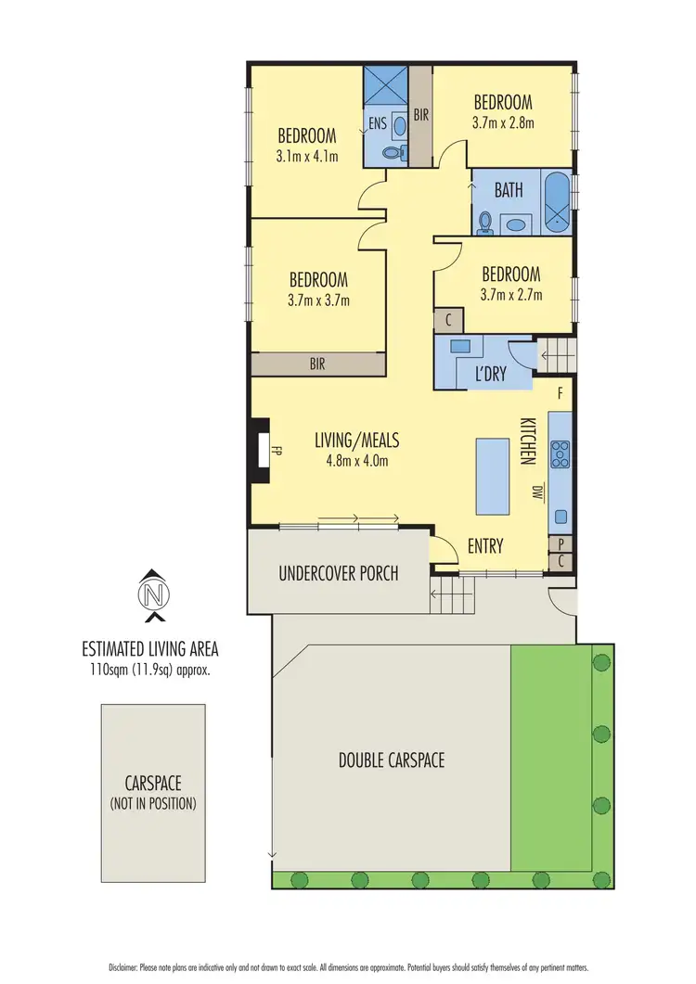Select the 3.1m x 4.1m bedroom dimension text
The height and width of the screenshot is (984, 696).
pyautogui.click(x=306, y=157)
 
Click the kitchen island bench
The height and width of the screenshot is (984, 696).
pyautogui.click(x=494, y=476)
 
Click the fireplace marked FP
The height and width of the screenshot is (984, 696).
pyautogui.click(x=261, y=453)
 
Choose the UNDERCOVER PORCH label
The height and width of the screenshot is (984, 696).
pyautogui.click(x=339, y=573)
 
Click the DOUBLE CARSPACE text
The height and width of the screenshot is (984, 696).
pyautogui.click(x=391, y=760)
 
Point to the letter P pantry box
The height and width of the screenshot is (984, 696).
pyautogui.click(x=561, y=544)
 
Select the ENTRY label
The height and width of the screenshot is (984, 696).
pyautogui.click(x=484, y=546)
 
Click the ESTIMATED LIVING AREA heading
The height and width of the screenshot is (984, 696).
pyautogui.click(x=150, y=648)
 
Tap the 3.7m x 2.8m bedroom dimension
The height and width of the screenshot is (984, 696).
pyautogui.click(x=503, y=121)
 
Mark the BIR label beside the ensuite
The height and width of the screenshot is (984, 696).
pyautogui.click(x=420, y=116)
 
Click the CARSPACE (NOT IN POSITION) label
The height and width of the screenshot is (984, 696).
pyautogui.click(x=154, y=793)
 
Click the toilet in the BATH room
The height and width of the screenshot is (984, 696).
pyautogui.click(x=485, y=222)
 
